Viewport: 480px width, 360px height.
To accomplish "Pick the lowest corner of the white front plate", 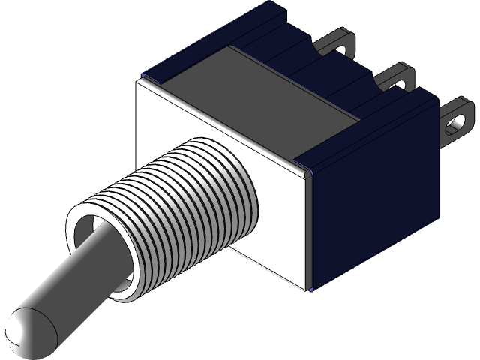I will tap(310, 287).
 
